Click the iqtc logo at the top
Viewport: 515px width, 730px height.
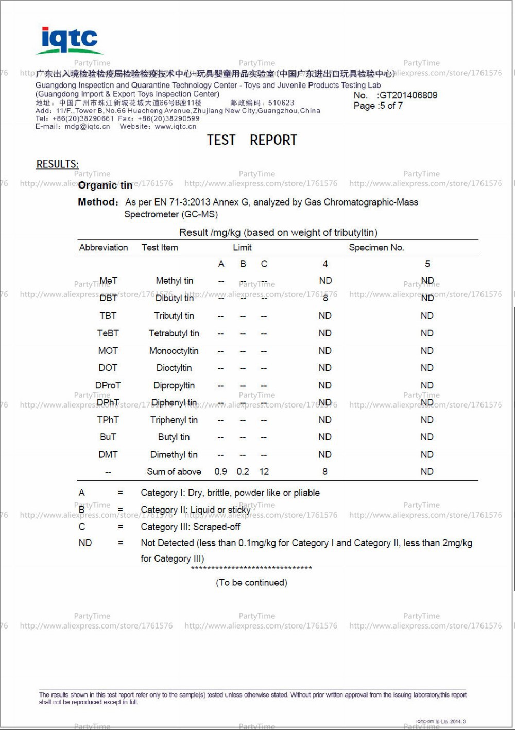pyautogui.click(x=70, y=40)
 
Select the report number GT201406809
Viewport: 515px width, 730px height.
pyautogui.click(x=408, y=95)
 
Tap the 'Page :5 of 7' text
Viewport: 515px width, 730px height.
pyautogui.click(x=378, y=106)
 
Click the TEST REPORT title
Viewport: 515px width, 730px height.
pyautogui.click(x=252, y=140)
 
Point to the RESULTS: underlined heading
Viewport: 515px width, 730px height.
pyautogui.click(x=57, y=164)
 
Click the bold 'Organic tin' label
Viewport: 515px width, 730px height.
pyautogui.click(x=105, y=185)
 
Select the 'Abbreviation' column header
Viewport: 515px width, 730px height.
pyautogui.click(x=104, y=248)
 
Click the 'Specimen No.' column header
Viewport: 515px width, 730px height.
pyautogui.click(x=376, y=248)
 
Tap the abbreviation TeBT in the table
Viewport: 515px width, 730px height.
pyautogui.click(x=108, y=333)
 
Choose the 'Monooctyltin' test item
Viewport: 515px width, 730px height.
pyautogui.click(x=174, y=351)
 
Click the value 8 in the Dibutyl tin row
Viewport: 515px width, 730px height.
pyautogui.click(x=325, y=298)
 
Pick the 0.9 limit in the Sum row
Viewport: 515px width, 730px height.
pyautogui.click(x=220, y=472)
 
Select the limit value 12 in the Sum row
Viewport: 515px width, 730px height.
pyautogui.click(x=264, y=472)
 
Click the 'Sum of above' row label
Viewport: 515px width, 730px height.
pyautogui.click(x=174, y=472)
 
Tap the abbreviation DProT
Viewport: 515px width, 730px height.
pyautogui.click(x=108, y=385)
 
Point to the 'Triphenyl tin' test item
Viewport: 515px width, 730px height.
pyautogui.click(x=174, y=420)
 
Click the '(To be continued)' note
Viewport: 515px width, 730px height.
pyautogui.click(x=251, y=583)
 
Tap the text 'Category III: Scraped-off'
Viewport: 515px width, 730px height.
pyautogui.click(x=191, y=527)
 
